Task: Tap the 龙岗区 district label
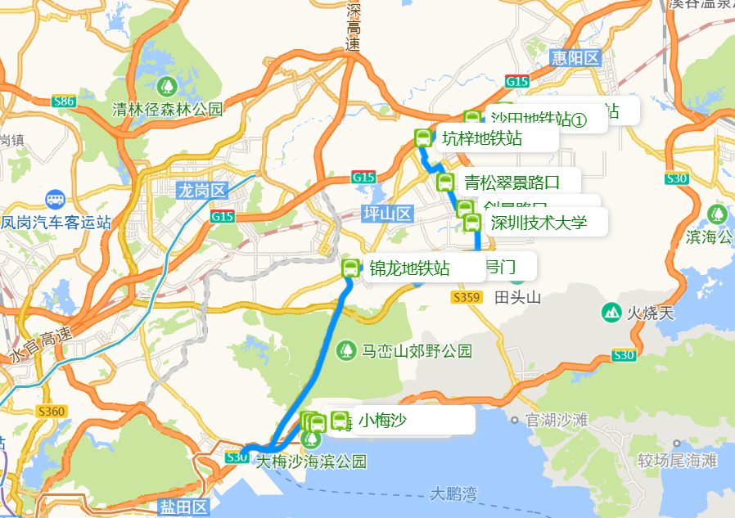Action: [x=201, y=191]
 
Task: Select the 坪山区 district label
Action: [x=387, y=214]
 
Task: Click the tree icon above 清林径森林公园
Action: [x=168, y=86]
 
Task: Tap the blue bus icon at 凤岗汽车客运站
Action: [x=55, y=200]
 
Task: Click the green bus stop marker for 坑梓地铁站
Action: [x=423, y=138]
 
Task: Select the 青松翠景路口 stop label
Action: [x=512, y=181]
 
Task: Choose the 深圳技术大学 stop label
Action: [x=539, y=222]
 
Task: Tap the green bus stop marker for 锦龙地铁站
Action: [x=351, y=268]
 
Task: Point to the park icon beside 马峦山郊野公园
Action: [x=347, y=351]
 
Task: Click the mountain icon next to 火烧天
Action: [x=611, y=312]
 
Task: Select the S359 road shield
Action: [x=466, y=298]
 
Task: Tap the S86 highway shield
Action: [x=63, y=101]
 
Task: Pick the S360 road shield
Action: [x=52, y=410]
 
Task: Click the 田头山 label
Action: [x=518, y=298]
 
